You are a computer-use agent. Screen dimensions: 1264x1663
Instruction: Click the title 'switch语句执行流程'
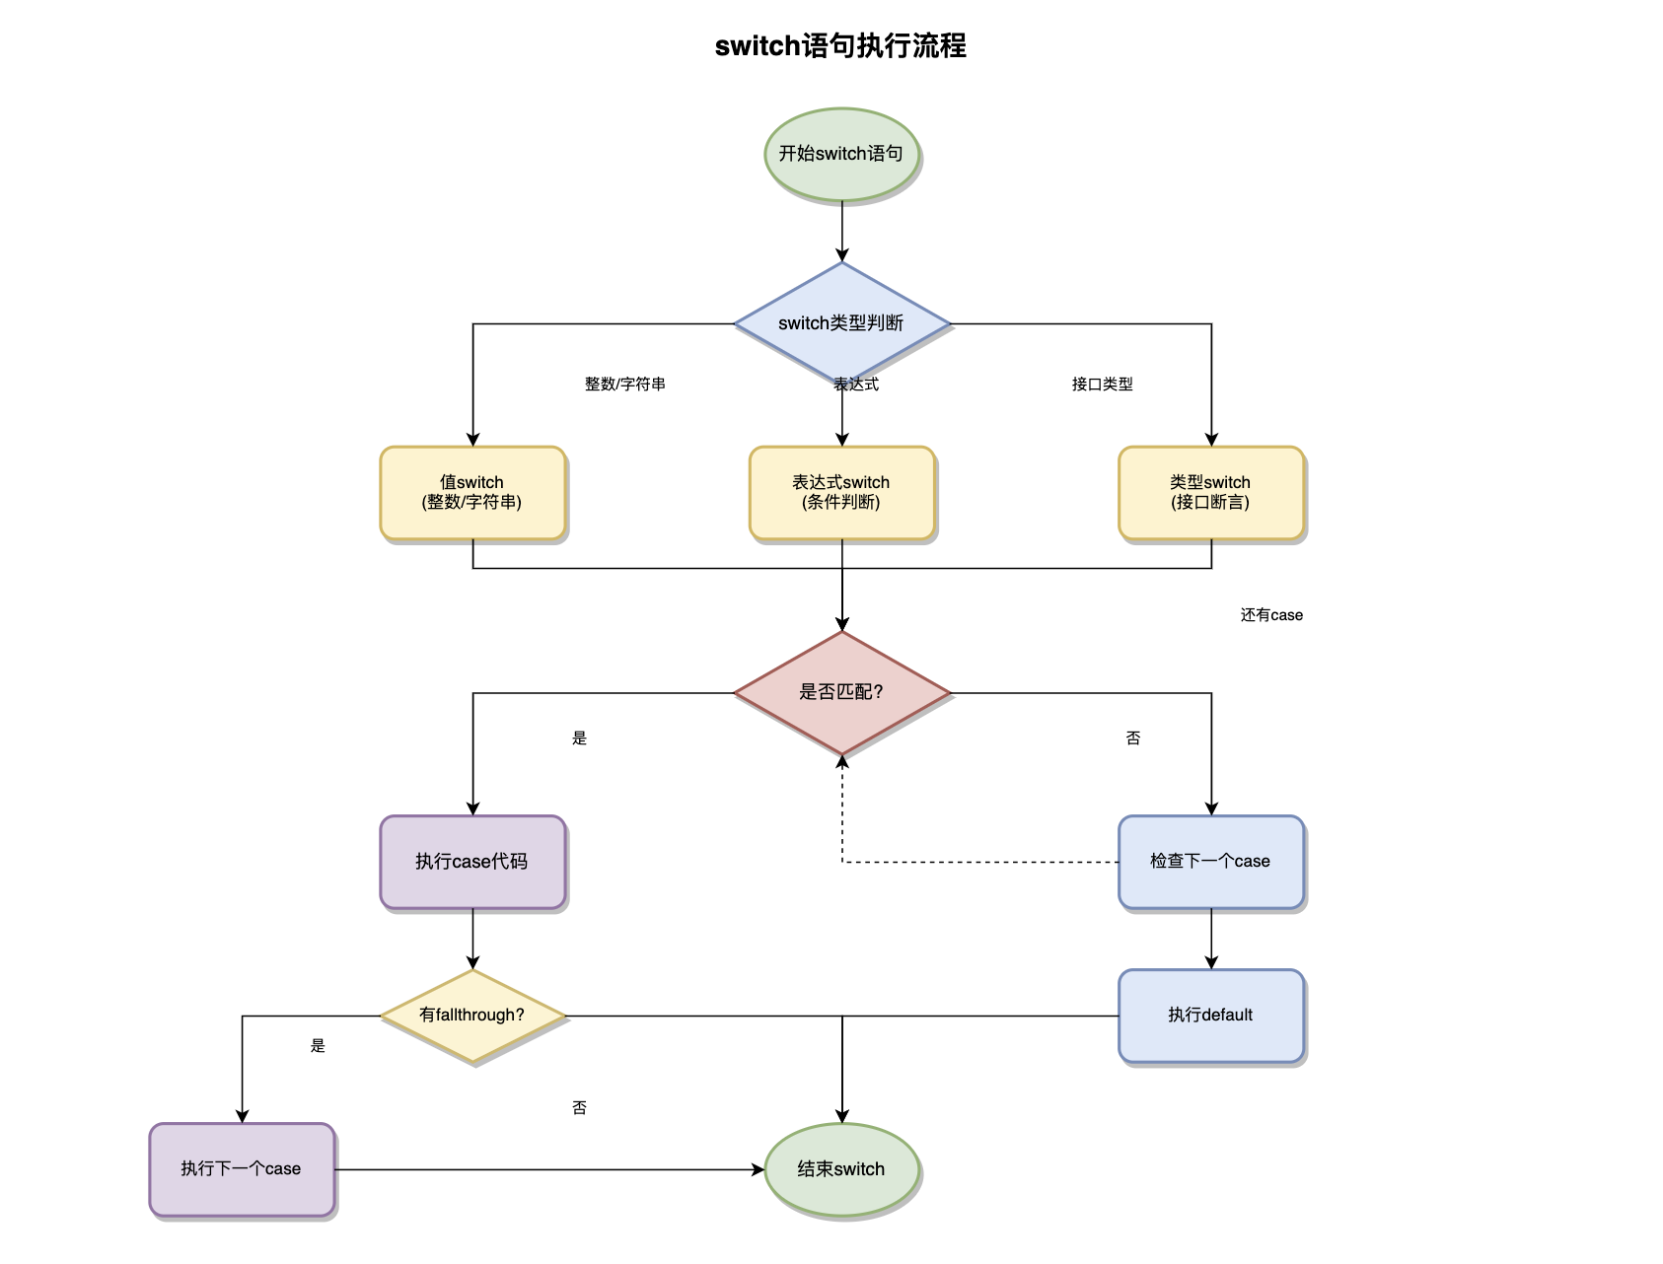pos(840,46)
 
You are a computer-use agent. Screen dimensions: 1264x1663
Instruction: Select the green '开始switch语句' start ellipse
pos(841,154)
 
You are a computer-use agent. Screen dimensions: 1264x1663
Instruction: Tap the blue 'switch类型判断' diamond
pos(841,323)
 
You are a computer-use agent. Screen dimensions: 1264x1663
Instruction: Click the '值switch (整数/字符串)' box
pos(472,493)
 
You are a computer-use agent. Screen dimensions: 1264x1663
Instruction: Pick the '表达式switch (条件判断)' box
pos(841,493)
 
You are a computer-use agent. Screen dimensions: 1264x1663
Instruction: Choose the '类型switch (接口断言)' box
pos(1210,493)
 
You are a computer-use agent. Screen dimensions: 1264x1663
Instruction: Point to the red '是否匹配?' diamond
pos(841,692)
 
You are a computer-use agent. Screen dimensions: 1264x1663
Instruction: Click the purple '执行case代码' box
pos(472,862)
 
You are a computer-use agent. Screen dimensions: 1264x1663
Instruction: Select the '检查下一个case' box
pos(1210,862)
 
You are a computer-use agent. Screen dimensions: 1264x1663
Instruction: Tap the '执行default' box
pos(1210,1016)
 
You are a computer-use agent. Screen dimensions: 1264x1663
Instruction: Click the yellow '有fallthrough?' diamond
pos(472,1016)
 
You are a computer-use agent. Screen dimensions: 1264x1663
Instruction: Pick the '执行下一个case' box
pos(242,1169)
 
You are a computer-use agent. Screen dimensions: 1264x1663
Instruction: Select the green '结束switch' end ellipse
pos(841,1169)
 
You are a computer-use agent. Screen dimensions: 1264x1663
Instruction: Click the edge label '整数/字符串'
pos(625,385)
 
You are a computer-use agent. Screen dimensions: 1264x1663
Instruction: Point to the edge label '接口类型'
pos(1103,385)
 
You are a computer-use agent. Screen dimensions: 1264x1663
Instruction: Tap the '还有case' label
pos(1271,615)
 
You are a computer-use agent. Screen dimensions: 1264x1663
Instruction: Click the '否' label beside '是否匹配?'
pos(1133,738)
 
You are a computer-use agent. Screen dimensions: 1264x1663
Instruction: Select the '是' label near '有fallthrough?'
pos(318,1046)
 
